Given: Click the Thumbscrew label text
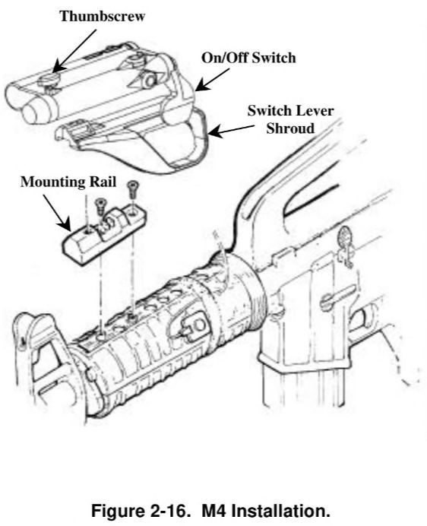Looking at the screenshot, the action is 103,17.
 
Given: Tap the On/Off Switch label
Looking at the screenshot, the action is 248,58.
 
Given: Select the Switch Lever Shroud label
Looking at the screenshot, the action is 290,119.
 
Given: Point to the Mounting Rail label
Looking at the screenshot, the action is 68,182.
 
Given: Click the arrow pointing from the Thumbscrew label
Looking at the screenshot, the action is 74,51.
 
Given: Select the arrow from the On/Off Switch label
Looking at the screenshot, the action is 212,80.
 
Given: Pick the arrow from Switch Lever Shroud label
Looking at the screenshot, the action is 231,131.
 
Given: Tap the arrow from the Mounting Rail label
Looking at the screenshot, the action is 57,214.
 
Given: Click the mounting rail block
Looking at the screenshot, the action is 103,235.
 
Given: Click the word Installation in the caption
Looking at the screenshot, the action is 280,511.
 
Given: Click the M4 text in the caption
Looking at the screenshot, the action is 214,511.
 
